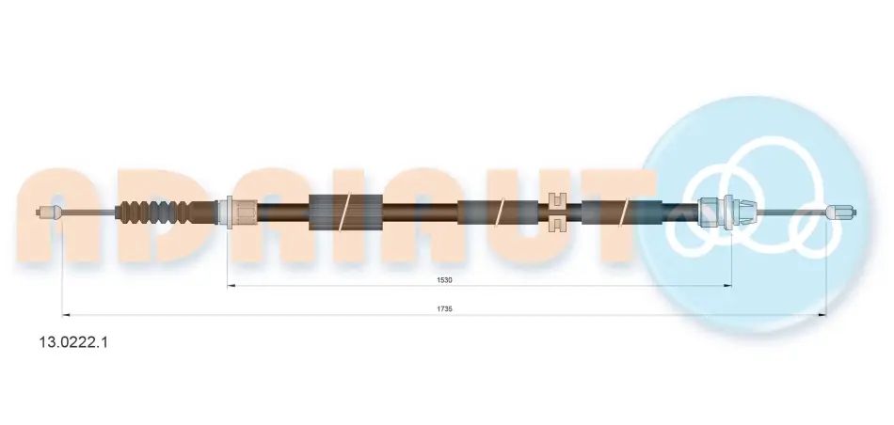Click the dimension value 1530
point(444,280)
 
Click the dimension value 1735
point(444,308)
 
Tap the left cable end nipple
point(47,212)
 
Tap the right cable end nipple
point(842,212)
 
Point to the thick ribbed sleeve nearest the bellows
point(345,212)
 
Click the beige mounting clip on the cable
point(556,212)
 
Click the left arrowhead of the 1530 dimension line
point(231,286)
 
